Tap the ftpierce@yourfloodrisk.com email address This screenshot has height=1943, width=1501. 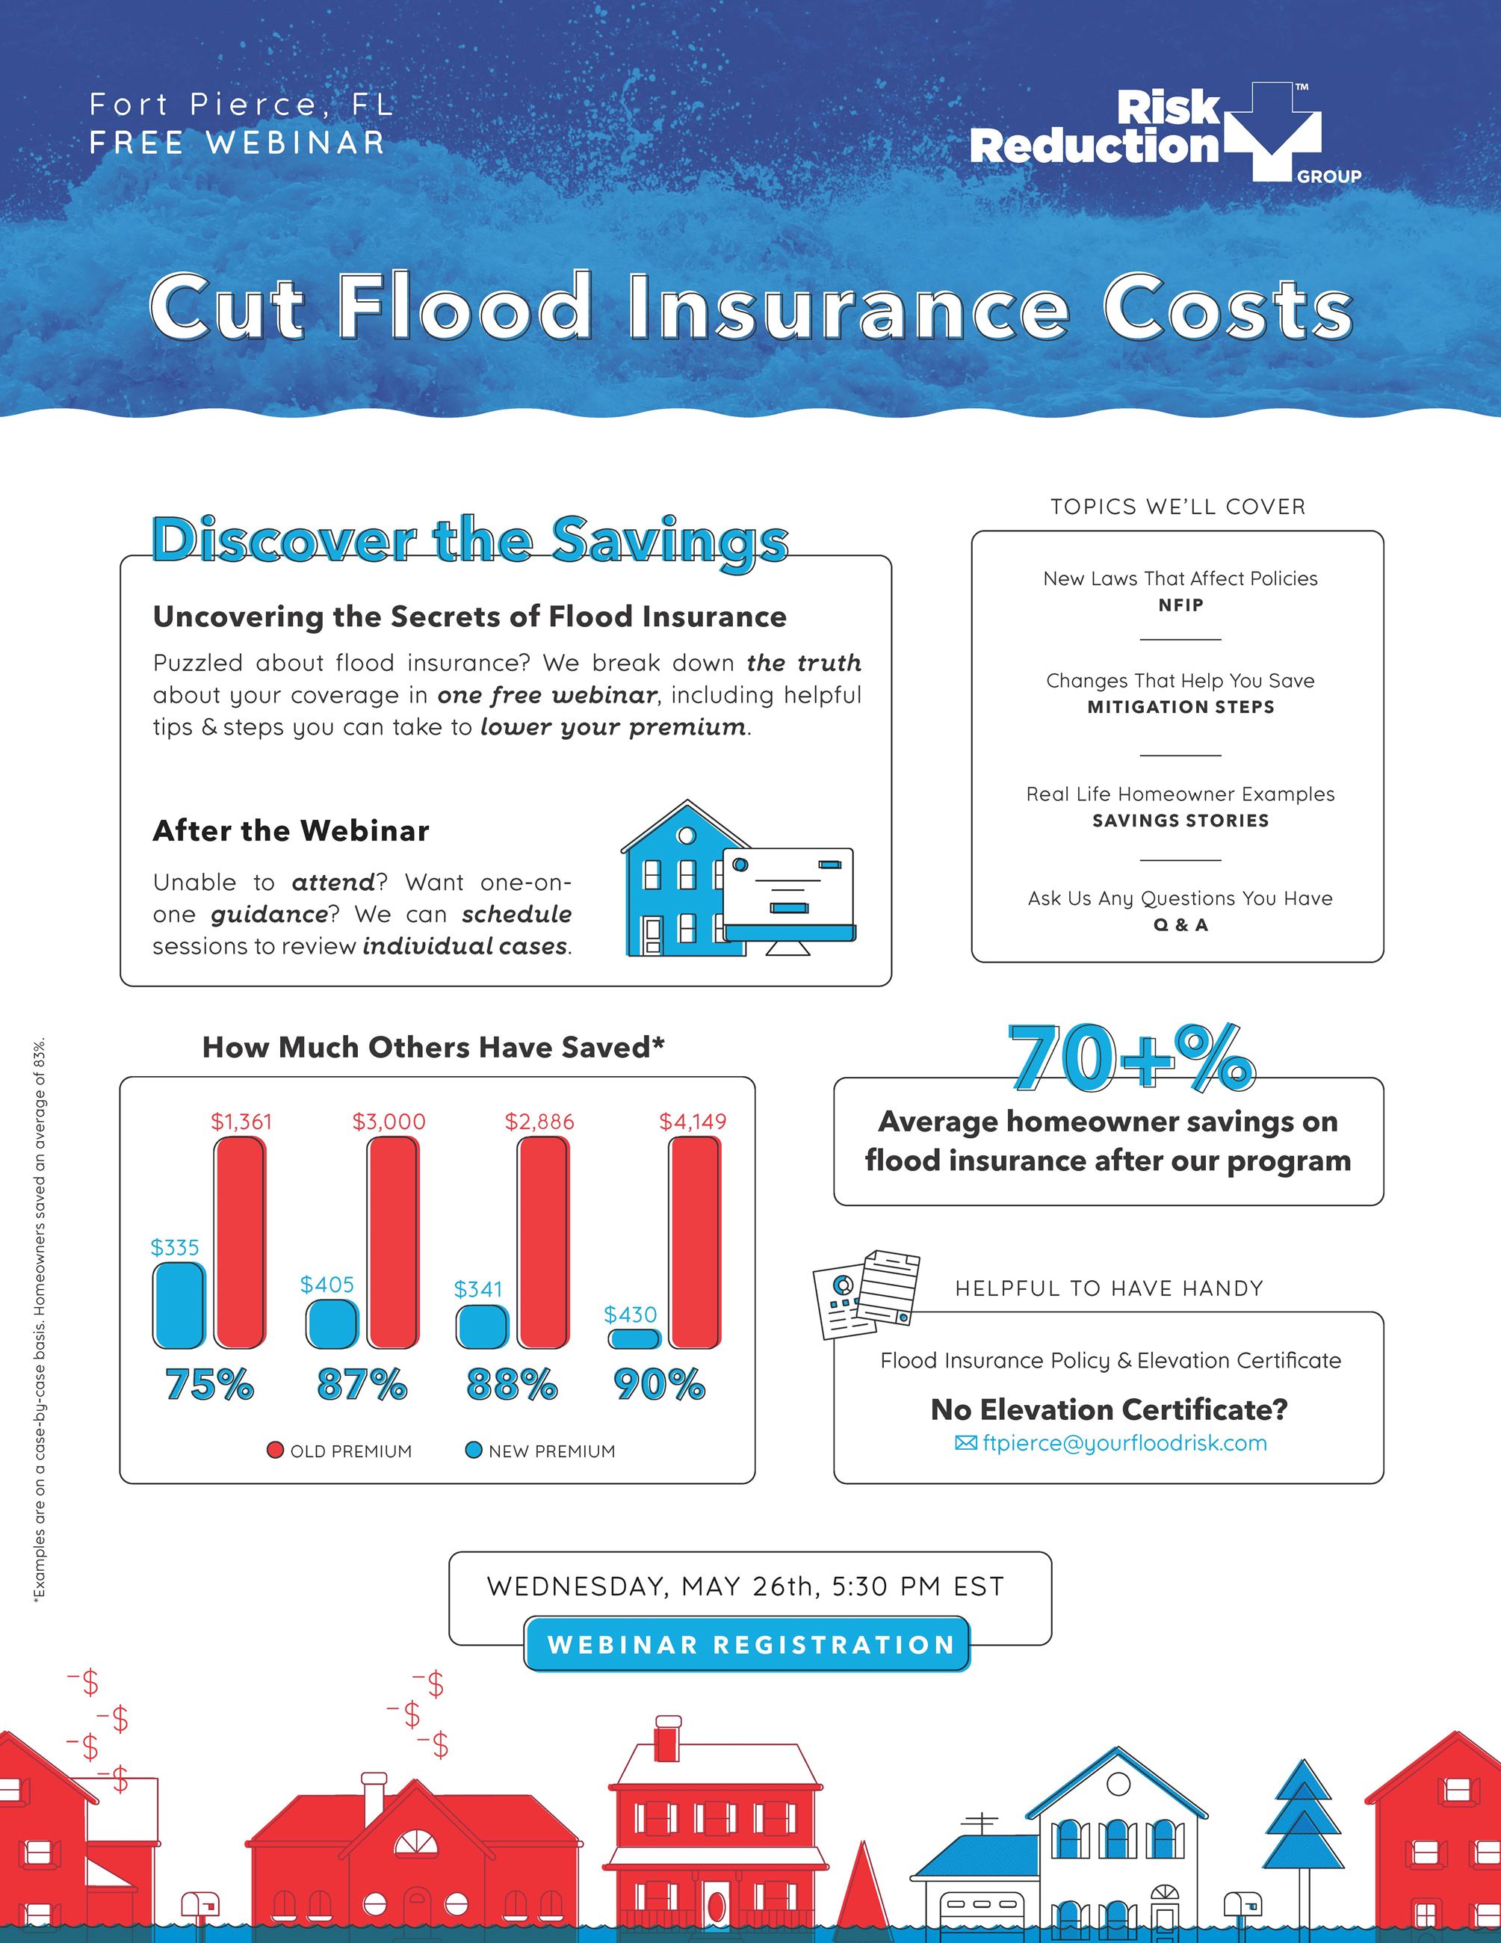point(1124,1443)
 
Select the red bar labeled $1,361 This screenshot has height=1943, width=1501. point(240,1243)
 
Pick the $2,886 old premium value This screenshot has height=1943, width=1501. point(539,1122)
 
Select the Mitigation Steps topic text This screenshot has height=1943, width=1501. point(1180,707)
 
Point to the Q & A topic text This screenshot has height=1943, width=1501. point(1180,925)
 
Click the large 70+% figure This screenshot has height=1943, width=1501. point(1130,1059)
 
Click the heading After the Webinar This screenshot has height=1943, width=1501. point(291,831)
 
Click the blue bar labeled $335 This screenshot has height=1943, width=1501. point(179,1305)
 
